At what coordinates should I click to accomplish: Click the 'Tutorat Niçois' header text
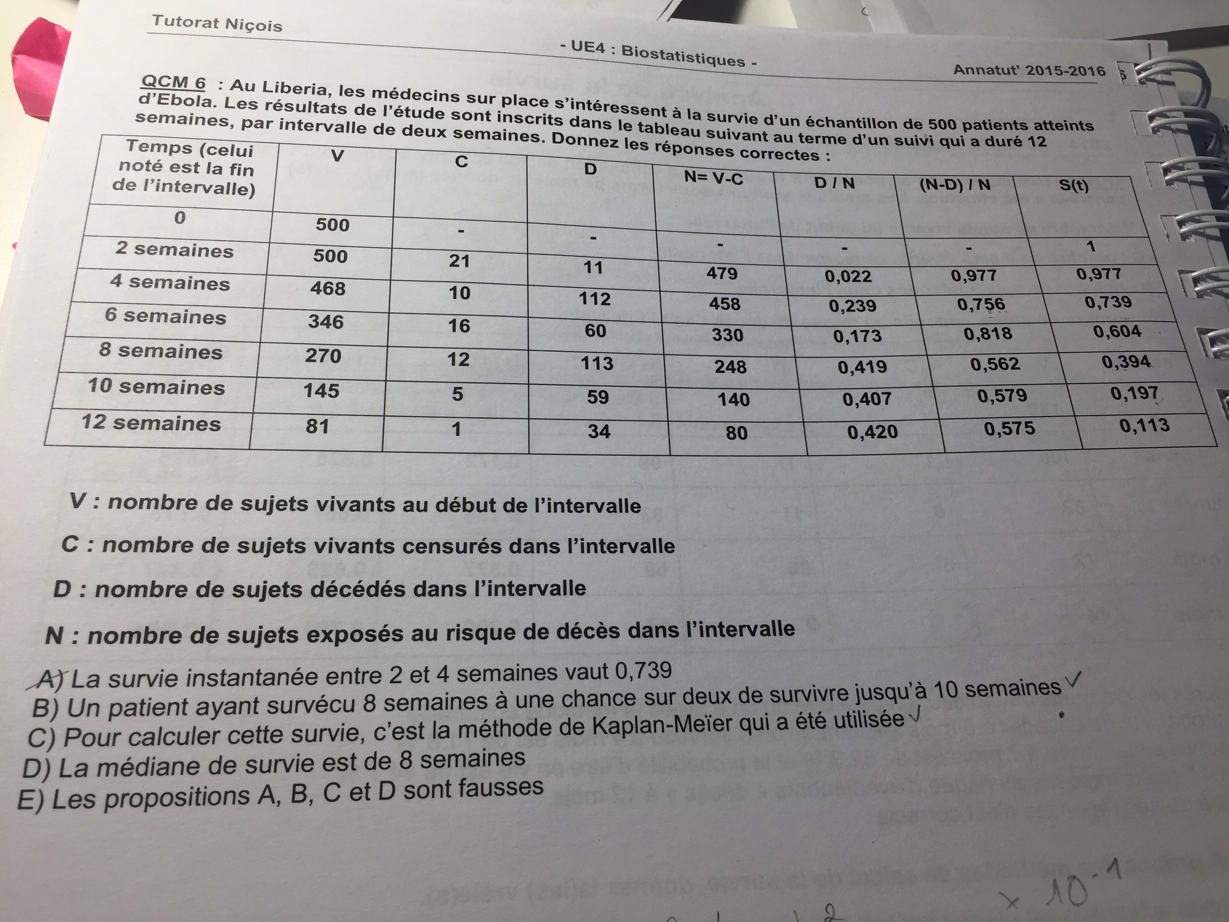[x=217, y=24]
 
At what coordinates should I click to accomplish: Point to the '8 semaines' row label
[x=160, y=351]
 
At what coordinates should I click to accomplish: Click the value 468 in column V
[x=328, y=289]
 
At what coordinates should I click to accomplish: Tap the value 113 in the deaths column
[x=597, y=363]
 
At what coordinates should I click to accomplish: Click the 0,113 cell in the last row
[x=1144, y=426]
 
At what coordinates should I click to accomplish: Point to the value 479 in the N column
[x=722, y=273]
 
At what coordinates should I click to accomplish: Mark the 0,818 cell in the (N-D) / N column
[x=988, y=333]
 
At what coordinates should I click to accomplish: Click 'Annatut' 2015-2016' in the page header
[x=1029, y=70]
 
